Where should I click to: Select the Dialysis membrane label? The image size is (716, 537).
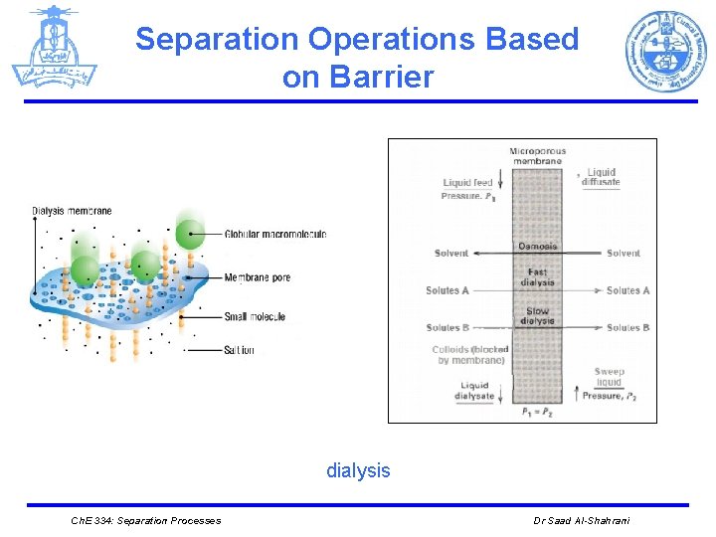[x=72, y=211]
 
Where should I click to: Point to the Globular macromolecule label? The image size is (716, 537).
[x=275, y=235]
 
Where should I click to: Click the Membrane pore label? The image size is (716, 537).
[x=258, y=277]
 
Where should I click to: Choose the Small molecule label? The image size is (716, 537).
[x=255, y=317]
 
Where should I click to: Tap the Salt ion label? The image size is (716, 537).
[x=239, y=350]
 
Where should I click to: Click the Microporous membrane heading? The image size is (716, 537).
[x=537, y=157]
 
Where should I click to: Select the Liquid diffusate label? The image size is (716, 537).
[x=602, y=177]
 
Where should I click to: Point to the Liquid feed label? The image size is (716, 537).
[x=467, y=183]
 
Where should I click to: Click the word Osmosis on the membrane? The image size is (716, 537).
[x=537, y=246]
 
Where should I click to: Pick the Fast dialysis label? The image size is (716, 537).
[x=537, y=277]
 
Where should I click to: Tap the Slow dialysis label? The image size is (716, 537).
[x=537, y=316]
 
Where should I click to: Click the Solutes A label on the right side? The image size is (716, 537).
[x=627, y=290]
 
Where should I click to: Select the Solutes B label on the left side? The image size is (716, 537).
[x=447, y=328]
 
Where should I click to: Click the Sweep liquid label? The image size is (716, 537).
[x=609, y=377]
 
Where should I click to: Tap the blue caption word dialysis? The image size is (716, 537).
[x=358, y=470]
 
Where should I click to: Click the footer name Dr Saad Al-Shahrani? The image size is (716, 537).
[x=582, y=521]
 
